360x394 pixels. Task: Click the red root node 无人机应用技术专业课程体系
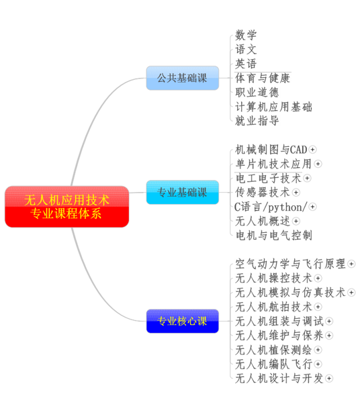pos(67,207)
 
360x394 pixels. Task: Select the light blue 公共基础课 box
pos(183,78)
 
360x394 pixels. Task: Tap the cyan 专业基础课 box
pos(183,192)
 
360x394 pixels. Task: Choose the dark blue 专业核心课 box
pos(183,321)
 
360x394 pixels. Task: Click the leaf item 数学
pos(246,35)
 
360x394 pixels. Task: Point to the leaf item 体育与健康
pos(263,78)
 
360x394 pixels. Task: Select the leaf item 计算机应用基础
pos(273,107)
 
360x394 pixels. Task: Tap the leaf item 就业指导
pos(257,121)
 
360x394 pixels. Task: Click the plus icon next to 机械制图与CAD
pos(312,150)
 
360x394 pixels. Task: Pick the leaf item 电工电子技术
pos(268,178)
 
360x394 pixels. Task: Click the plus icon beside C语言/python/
pos(312,207)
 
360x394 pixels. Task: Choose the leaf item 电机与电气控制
pos(273,236)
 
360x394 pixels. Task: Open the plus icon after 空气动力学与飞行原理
pos(351,264)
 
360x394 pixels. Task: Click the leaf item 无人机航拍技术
pos(273,307)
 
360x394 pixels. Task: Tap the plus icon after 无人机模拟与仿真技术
pos(351,293)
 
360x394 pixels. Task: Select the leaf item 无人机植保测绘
pos(273,350)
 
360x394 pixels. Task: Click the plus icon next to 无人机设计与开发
pos(329,379)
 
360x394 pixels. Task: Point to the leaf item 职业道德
pos(257,92)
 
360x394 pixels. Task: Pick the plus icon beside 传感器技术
pos(296,193)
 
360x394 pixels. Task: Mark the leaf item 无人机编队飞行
pos(273,364)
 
